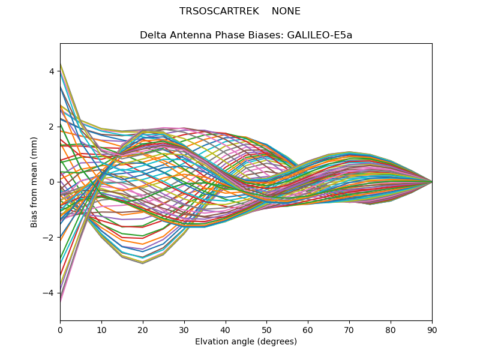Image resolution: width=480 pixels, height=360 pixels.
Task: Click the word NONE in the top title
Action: click(286, 11)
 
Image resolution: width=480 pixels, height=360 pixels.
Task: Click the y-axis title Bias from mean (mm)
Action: click(34, 181)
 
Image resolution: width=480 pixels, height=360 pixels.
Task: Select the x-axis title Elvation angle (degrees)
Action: click(246, 341)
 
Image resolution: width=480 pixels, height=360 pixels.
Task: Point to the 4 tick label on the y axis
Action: click(52, 71)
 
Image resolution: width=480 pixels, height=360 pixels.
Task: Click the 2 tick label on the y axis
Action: click(52, 127)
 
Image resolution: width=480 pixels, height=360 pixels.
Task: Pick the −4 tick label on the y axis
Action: click(49, 293)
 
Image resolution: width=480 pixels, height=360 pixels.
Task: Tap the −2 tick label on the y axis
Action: click(49, 238)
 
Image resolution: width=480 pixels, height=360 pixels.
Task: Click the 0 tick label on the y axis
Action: click(52, 182)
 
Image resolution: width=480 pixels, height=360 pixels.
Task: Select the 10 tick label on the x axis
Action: click(101, 329)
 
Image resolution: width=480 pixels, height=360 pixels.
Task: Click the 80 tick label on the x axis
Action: click(391, 329)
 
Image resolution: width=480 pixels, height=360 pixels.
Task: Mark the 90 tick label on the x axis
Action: click(432, 329)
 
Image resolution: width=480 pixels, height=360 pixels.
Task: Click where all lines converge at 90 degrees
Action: click(431, 182)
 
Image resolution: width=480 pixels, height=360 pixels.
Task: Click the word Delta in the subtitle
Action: click(152, 35)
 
